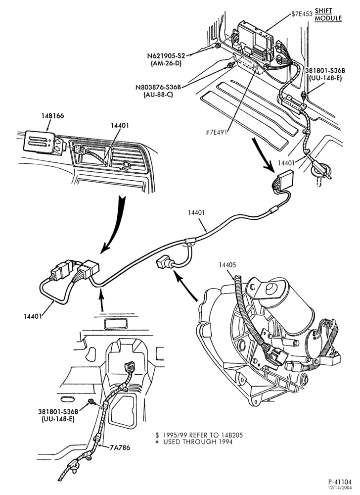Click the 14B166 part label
pyautogui.click(x=52, y=115)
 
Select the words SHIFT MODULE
pyautogui.click(x=328, y=14)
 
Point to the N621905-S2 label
pyautogui.click(x=166, y=56)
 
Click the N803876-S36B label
pyautogui.click(x=160, y=88)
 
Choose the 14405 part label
pyautogui.click(x=227, y=265)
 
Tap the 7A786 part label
pyautogui.click(x=120, y=447)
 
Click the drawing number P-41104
pyautogui.click(x=340, y=482)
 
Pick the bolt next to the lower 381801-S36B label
pyautogui.click(x=91, y=401)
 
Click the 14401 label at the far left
pyautogui.click(x=33, y=315)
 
